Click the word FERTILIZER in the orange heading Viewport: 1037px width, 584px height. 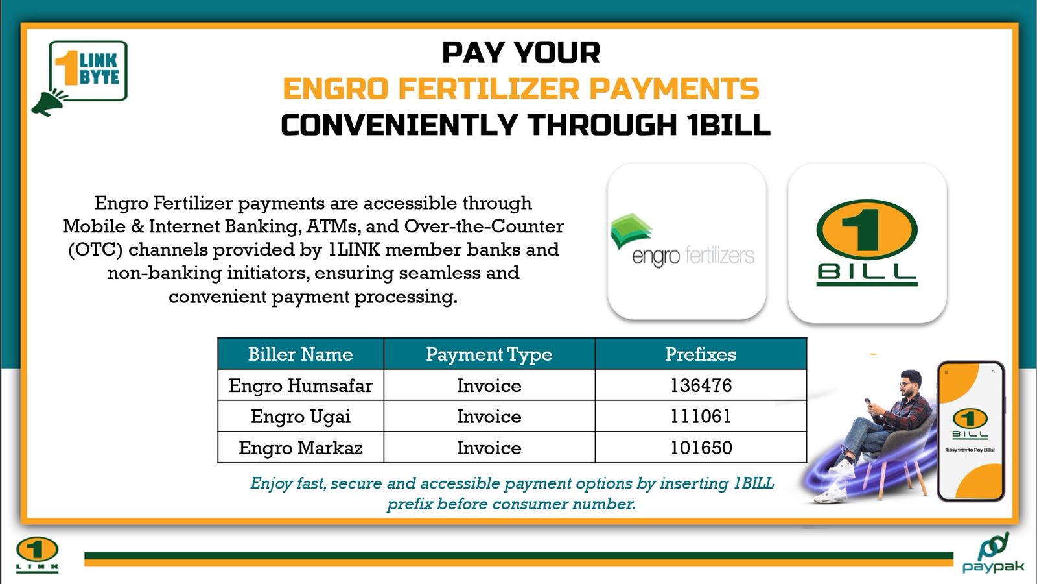click(489, 88)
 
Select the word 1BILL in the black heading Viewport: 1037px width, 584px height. click(728, 125)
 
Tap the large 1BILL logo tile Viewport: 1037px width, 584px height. click(867, 243)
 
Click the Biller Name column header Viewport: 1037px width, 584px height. click(301, 354)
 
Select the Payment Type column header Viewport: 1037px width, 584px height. click(489, 354)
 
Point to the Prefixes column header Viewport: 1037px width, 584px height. click(701, 354)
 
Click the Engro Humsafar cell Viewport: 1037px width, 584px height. click(301, 385)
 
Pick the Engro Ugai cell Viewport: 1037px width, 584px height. click(301, 416)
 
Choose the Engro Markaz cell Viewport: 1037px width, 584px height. click(301, 447)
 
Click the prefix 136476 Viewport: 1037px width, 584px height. click(701, 385)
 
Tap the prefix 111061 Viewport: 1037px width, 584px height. click(701, 416)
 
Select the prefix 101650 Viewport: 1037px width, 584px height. click(701, 447)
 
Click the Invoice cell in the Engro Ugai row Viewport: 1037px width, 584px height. click(489, 416)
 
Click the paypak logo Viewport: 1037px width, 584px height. click(994, 552)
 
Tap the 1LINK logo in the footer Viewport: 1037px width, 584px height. click(37, 554)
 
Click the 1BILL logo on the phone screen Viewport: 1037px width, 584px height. click(970, 424)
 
